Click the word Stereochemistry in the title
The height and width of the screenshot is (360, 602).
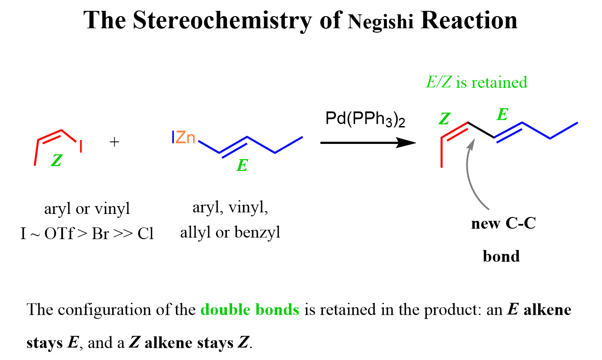pos(222,21)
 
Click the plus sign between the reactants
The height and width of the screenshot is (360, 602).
pos(114,142)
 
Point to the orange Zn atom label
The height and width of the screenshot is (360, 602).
pos(186,137)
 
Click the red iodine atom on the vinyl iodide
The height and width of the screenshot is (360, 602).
pos(80,147)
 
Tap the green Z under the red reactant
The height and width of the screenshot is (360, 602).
pos(57,160)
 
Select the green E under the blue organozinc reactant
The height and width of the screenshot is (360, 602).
pos(242,165)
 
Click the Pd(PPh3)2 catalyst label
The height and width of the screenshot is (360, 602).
pos(365,119)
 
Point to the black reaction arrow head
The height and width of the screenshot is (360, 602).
pos(406,143)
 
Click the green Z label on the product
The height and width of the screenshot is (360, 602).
pos(444,119)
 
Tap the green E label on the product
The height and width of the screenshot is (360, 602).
pos(502,114)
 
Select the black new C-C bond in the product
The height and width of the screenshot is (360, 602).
pos(481,130)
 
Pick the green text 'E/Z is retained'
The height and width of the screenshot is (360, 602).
pos(476,82)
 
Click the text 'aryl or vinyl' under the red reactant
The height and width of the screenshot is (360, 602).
pos(87,209)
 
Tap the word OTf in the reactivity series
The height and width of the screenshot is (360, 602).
pos(59,233)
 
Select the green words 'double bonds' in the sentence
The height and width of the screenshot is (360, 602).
pos(250,309)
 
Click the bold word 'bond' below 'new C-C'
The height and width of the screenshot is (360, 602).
pos(501,256)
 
